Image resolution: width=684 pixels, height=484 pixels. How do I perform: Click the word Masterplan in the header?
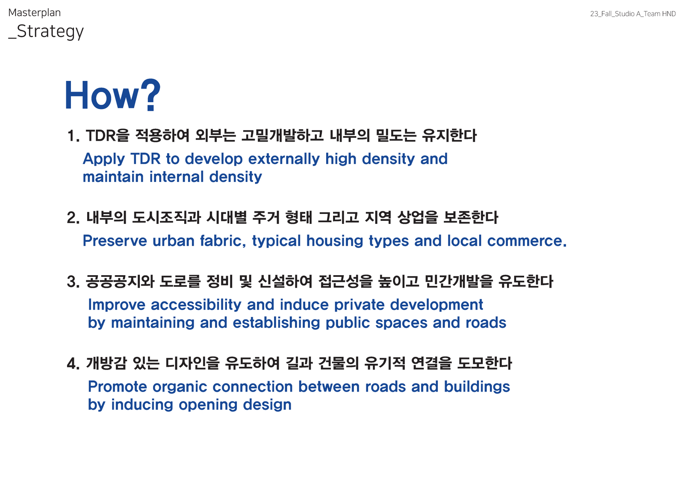coord(35,13)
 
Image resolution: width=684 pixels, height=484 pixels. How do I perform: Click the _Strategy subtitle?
coord(46,32)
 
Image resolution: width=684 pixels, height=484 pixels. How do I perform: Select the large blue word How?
coord(102,95)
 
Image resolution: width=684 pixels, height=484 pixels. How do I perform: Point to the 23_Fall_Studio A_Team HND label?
coord(633,14)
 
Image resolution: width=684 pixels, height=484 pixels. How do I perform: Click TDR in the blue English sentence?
coord(145,159)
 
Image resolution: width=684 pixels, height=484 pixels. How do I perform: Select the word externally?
coord(284,159)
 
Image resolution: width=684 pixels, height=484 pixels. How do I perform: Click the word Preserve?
coord(115,241)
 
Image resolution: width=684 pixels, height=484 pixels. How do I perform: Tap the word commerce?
coord(527,241)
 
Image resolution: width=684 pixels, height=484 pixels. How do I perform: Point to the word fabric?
coord(223,241)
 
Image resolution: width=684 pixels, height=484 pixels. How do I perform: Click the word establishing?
coord(276,323)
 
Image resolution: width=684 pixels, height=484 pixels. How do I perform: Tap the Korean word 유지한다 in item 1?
coord(449,136)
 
